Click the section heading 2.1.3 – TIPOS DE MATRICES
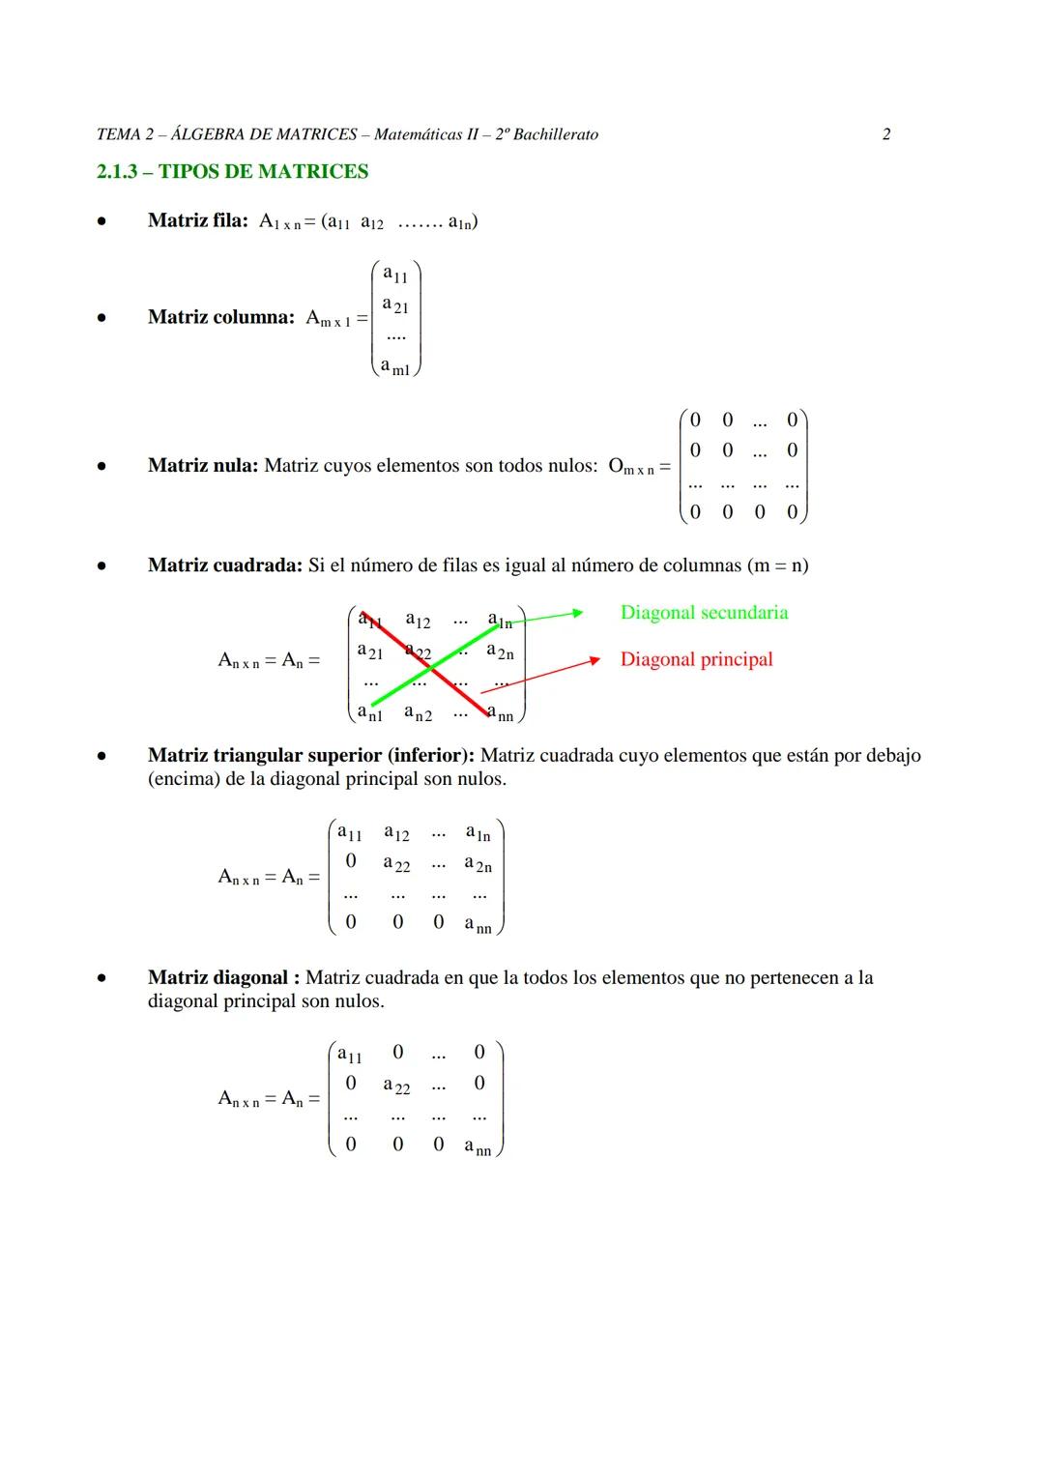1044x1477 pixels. coord(232,172)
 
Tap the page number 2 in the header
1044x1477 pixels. coord(886,134)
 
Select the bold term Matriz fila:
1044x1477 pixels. coord(198,220)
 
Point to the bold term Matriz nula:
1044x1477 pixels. coord(203,466)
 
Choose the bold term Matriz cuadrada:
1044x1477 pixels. coord(225,565)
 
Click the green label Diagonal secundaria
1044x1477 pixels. coord(704,613)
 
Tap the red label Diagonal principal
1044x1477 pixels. coord(696,660)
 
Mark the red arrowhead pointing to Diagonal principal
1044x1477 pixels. coord(596,660)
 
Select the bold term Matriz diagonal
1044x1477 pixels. coord(217,978)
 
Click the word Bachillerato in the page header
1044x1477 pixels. coord(555,134)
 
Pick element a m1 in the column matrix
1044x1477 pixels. coord(394,367)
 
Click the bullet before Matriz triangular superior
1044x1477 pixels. coord(101,757)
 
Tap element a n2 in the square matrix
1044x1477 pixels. coord(418,714)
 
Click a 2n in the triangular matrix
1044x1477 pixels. coord(478,865)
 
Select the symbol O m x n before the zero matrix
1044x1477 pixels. coord(631,468)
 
